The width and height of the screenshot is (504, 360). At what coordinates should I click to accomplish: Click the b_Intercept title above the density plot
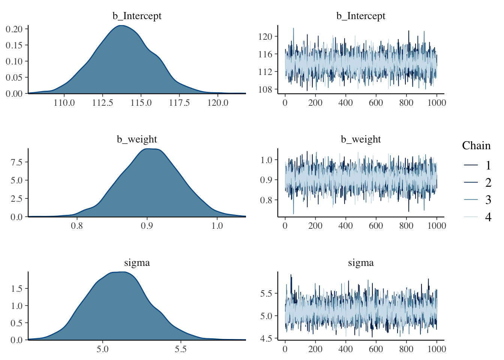(x=137, y=16)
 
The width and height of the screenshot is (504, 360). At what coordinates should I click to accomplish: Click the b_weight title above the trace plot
(x=361, y=139)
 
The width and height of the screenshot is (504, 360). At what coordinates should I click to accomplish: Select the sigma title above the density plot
(x=137, y=263)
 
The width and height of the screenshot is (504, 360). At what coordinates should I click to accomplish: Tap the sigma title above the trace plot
(x=361, y=263)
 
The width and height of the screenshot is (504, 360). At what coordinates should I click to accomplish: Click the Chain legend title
(x=476, y=145)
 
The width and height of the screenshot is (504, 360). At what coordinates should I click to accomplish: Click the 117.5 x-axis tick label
(x=179, y=103)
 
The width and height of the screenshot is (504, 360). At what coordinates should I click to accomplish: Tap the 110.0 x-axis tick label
(x=64, y=103)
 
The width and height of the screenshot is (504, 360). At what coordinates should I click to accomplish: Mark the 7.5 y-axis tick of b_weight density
(x=16, y=162)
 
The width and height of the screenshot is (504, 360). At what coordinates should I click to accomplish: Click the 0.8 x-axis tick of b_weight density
(x=77, y=226)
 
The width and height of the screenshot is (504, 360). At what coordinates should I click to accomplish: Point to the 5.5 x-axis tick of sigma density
(x=180, y=349)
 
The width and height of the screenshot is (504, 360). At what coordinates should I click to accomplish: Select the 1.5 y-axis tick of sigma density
(x=16, y=288)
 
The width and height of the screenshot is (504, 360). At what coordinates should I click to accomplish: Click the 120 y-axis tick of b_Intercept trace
(x=265, y=36)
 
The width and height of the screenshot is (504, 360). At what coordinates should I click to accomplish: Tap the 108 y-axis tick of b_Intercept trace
(x=265, y=89)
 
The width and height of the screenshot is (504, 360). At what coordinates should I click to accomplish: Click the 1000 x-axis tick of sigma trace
(x=436, y=349)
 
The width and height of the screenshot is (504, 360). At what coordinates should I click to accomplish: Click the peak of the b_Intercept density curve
(x=121, y=25)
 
